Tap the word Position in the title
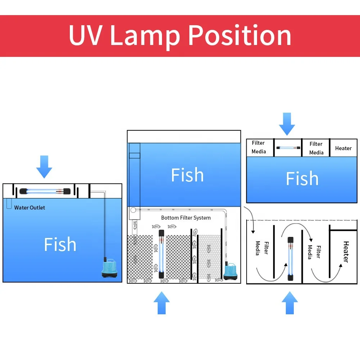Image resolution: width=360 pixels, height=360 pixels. [x=240, y=36]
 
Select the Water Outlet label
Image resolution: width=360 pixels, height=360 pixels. [x=30, y=208]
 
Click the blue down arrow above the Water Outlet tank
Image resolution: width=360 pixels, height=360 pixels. [x=44, y=167]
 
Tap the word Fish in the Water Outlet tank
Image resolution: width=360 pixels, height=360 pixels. [x=60, y=244]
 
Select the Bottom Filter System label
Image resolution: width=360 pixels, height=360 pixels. [x=186, y=218]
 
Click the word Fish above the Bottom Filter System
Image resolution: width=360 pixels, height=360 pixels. [x=187, y=175]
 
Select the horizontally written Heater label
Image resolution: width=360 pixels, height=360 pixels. [x=343, y=148]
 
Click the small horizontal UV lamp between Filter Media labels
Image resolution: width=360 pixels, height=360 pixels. [x=288, y=148]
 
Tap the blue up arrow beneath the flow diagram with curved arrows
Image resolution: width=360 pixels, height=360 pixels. [x=290, y=303]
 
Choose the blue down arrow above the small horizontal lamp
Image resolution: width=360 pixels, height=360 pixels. [x=287, y=124]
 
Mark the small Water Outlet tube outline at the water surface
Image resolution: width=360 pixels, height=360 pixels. [x=9, y=204]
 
